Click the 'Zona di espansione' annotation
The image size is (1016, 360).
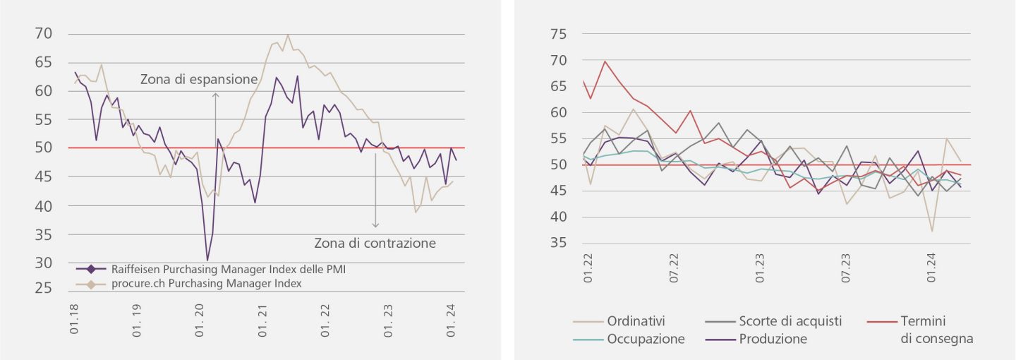[x=198, y=79]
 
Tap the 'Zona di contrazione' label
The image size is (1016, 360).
[x=375, y=244]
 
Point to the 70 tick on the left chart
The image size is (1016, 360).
[x=44, y=34]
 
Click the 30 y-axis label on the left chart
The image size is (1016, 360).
[x=44, y=263]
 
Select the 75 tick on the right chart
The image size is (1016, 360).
[x=558, y=34]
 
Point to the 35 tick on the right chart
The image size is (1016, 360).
[x=558, y=243]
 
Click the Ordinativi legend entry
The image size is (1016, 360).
[x=636, y=321]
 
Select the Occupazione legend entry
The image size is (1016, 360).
[x=646, y=339]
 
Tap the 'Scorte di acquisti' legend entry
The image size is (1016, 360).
[x=790, y=321]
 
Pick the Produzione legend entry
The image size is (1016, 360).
[x=773, y=339]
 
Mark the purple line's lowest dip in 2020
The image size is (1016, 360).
[x=207, y=260]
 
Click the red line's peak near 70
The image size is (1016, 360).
[x=605, y=61]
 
